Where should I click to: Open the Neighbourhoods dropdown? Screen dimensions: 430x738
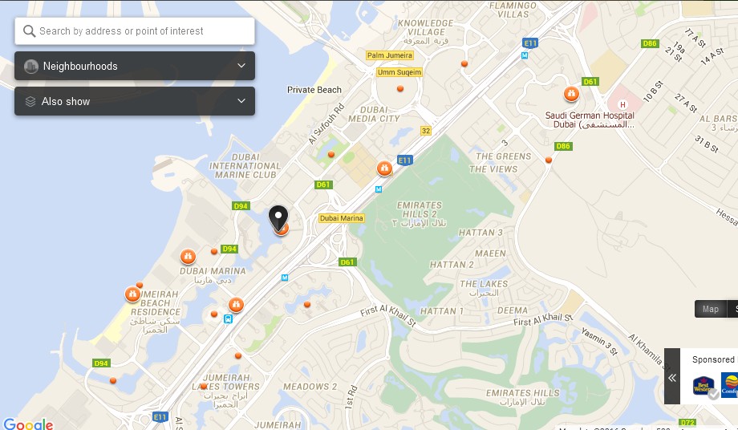[x=135, y=66]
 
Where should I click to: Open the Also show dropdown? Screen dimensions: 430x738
[x=135, y=101]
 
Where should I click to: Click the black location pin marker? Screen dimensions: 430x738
[x=278, y=217]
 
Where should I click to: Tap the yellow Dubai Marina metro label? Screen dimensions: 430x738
[x=342, y=218]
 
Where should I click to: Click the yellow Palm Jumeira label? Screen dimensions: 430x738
[x=389, y=55]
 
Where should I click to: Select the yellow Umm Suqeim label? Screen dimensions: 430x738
[x=399, y=72]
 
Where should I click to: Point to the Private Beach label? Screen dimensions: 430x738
[x=314, y=90]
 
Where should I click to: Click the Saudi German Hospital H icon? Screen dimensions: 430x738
[x=622, y=104]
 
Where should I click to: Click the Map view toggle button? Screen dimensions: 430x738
[x=710, y=309]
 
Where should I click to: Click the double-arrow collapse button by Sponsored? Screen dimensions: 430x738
[x=672, y=378]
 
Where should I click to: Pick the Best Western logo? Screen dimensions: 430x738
[x=704, y=386]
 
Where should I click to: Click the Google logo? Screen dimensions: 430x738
[x=28, y=424]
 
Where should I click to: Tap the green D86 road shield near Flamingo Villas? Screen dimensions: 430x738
[x=649, y=43]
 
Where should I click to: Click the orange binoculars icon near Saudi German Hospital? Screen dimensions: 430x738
[x=571, y=95]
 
